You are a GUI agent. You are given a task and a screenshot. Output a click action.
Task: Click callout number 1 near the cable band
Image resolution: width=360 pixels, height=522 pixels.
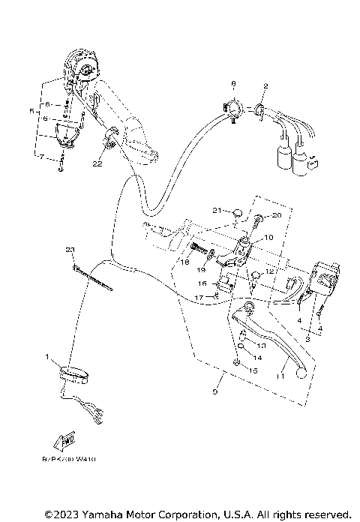pos(46,356)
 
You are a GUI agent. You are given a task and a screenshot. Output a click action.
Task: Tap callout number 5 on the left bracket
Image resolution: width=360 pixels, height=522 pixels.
pos(31,111)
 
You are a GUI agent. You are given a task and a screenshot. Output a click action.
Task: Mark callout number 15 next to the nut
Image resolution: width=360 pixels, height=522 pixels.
pos(253,370)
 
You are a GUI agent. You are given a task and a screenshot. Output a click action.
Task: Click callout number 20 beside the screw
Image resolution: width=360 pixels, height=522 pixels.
pos(276,215)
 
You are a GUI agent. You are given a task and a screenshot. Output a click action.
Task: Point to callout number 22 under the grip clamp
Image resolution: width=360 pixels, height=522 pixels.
pos(97,163)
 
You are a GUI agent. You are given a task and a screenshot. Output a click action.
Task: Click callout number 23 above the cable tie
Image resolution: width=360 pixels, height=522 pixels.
pos(70,249)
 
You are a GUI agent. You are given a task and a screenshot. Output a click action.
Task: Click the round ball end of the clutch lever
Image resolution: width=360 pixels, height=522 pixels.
pos(301,370)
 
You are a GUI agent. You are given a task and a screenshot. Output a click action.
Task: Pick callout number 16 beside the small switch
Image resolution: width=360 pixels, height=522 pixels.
pos(202,284)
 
